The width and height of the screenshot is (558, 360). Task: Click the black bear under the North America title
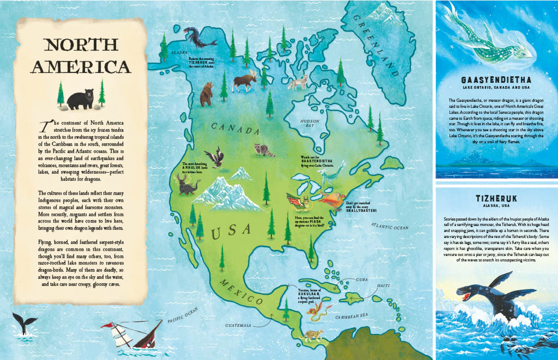pyautogui.click(x=80, y=99)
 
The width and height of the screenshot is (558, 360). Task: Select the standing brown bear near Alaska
pyautogui.click(x=206, y=94)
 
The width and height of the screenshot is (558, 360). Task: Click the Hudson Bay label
pyautogui.click(x=310, y=123)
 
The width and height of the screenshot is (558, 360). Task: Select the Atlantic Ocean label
pyautogui.click(x=390, y=226)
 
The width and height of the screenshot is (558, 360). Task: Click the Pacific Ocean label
pyautogui.click(x=183, y=315)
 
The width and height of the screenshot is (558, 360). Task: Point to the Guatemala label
pyautogui.click(x=238, y=326)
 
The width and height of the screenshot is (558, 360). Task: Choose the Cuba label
pyautogui.click(x=361, y=279)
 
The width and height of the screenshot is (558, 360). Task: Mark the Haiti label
pyautogui.click(x=383, y=286)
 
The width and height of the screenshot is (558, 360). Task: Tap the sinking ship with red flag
pyautogui.click(x=133, y=334)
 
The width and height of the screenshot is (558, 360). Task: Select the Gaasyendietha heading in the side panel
pyautogui.click(x=496, y=80)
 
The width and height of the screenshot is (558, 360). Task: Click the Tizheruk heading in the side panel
pyautogui.click(x=496, y=199)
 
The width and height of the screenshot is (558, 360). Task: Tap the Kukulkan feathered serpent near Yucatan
pyautogui.click(x=319, y=311)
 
